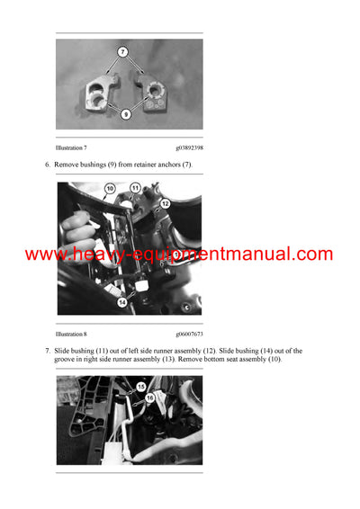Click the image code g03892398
pos(189,147)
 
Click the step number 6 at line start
pos(48,165)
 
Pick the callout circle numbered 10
pos(109,190)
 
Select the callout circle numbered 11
pos(135,188)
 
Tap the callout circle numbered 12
pos(164,204)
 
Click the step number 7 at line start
pos(48,351)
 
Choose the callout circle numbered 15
pos(140,387)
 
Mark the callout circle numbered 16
pos(149,396)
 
